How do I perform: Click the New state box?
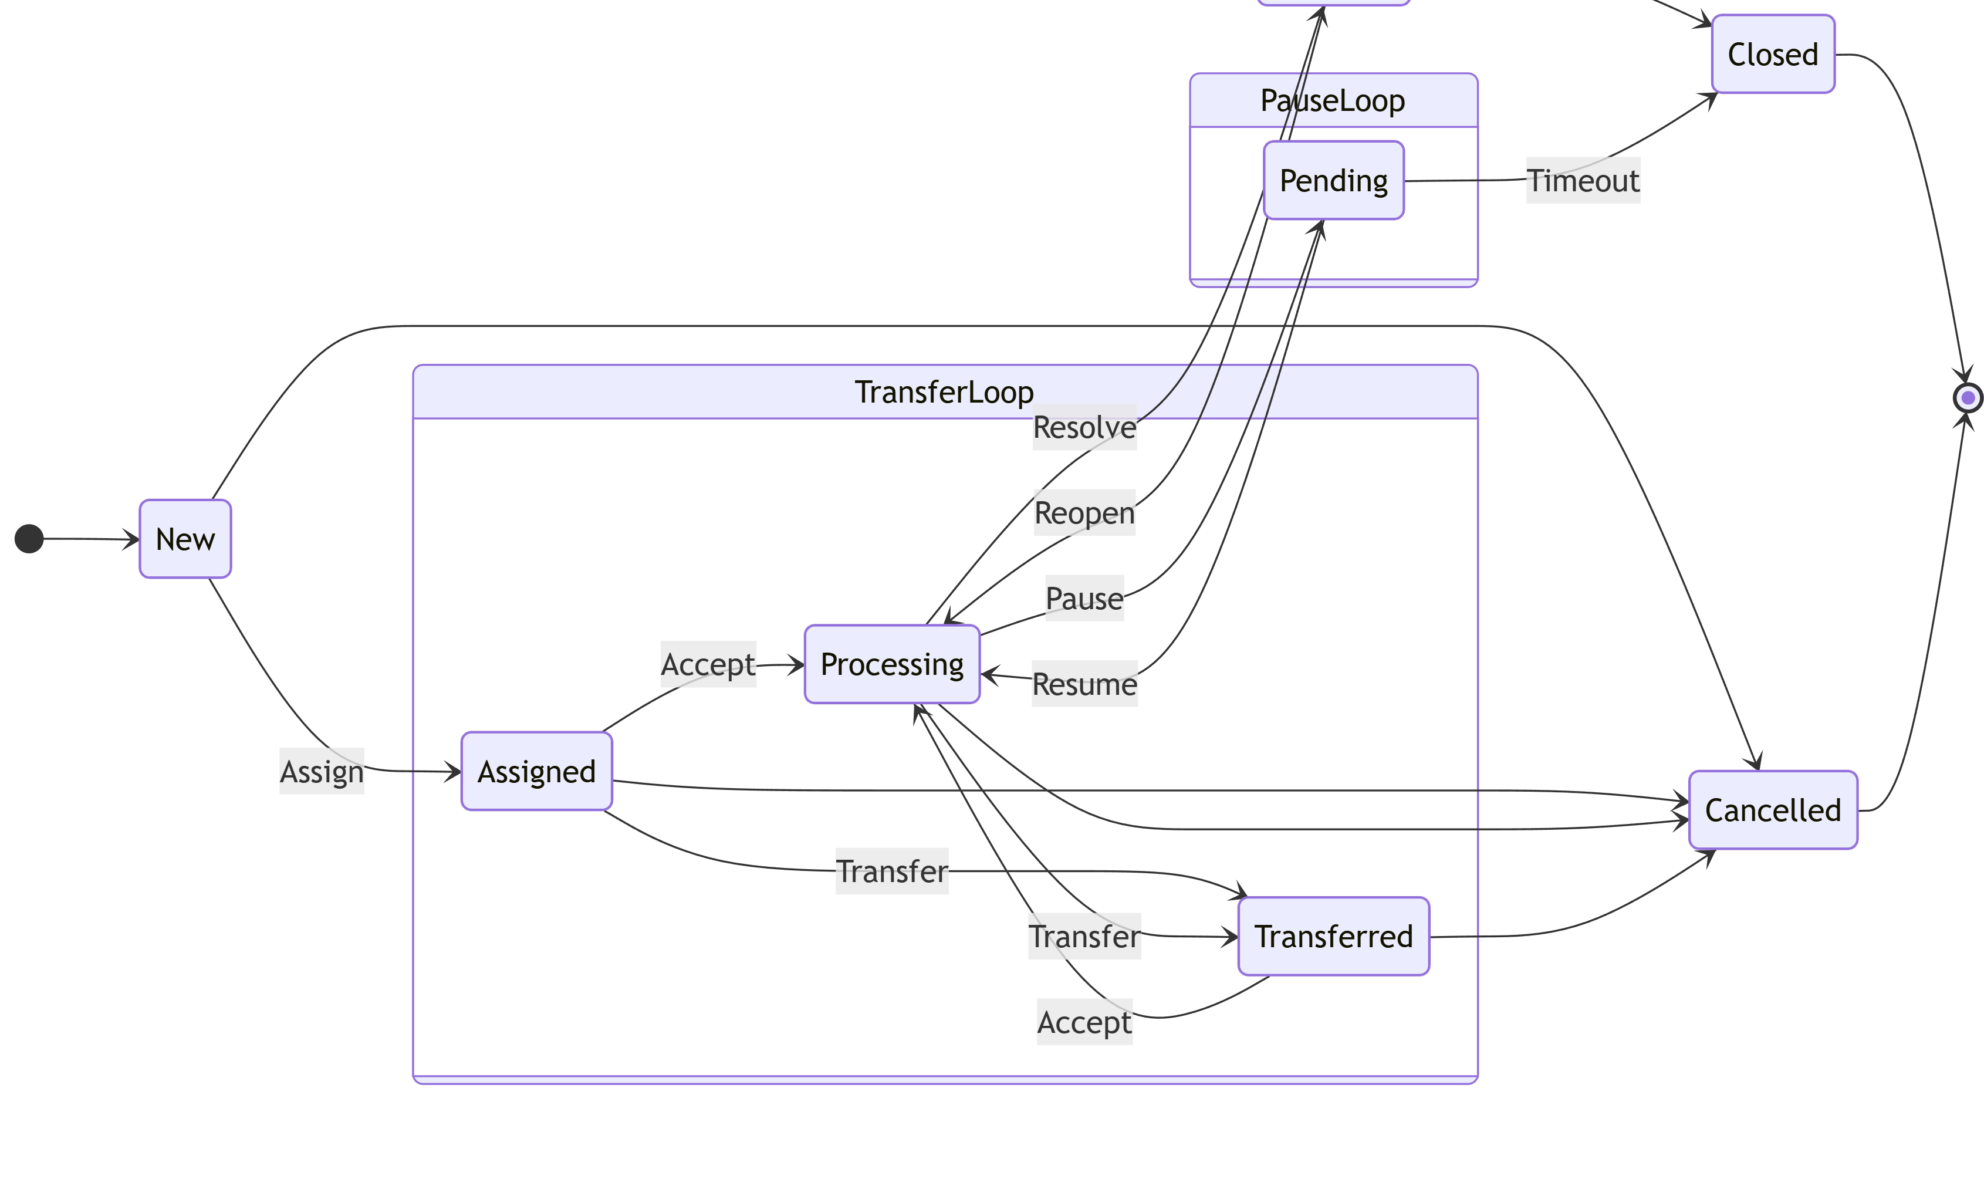(x=185, y=539)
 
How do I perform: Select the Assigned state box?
(x=536, y=772)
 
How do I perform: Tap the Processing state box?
(x=891, y=664)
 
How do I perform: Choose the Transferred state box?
(x=1333, y=937)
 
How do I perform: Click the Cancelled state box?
(x=1772, y=810)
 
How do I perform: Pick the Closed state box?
(x=1772, y=54)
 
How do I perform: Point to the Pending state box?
(x=1333, y=180)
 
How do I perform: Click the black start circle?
(x=29, y=539)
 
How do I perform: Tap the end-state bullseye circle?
(x=1968, y=398)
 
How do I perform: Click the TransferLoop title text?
(x=944, y=393)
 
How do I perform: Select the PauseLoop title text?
(x=1332, y=101)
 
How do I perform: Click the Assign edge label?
(x=322, y=772)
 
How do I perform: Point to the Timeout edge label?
(x=1582, y=180)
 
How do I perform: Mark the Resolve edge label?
(x=1084, y=427)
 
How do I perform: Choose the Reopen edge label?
(x=1084, y=512)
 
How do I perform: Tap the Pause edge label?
(x=1084, y=598)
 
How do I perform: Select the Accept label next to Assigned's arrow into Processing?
(x=708, y=664)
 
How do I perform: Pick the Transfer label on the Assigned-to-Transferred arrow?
(x=891, y=871)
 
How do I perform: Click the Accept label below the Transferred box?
(x=1084, y=1022)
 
